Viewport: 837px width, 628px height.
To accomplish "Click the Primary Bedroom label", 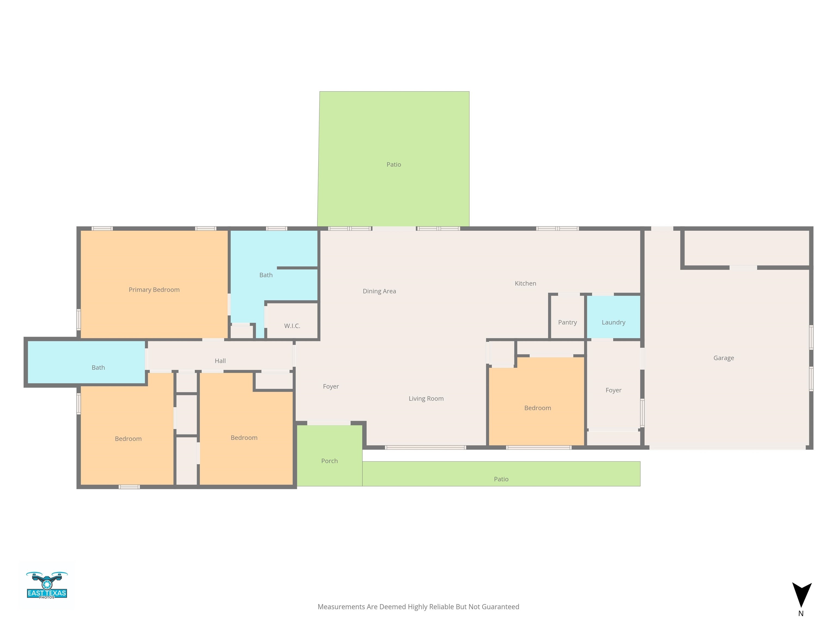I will click(154, 289).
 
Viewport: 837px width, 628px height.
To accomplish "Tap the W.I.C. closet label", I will click(292, 325).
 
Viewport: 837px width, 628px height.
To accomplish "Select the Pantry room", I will click(567, 322).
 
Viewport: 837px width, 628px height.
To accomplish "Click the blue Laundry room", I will click(613, 322).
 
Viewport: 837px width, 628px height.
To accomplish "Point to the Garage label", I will click(723, 358).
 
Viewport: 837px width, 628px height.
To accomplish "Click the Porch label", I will click(329, 461).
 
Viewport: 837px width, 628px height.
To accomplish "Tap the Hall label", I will click(220, 361).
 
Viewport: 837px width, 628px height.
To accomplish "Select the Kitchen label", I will click(525, 283).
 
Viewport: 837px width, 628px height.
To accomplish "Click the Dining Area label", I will click(379, 291).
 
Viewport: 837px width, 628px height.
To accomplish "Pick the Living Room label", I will click(426, 398).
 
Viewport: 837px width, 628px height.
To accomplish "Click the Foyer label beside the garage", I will click(613, 390).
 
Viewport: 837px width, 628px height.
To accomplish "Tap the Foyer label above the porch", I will click(331, 386).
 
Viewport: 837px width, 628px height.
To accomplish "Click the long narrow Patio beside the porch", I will click(501, 479).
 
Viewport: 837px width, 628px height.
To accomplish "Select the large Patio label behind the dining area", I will click(393, 164).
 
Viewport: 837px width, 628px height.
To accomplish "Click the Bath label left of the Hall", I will click(98, 367).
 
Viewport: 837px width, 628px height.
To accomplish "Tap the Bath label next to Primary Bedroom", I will click(266, 275).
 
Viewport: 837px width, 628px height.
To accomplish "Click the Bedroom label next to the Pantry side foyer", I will click(537, 408).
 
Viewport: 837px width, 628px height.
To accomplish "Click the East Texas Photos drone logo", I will click(47, 585).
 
